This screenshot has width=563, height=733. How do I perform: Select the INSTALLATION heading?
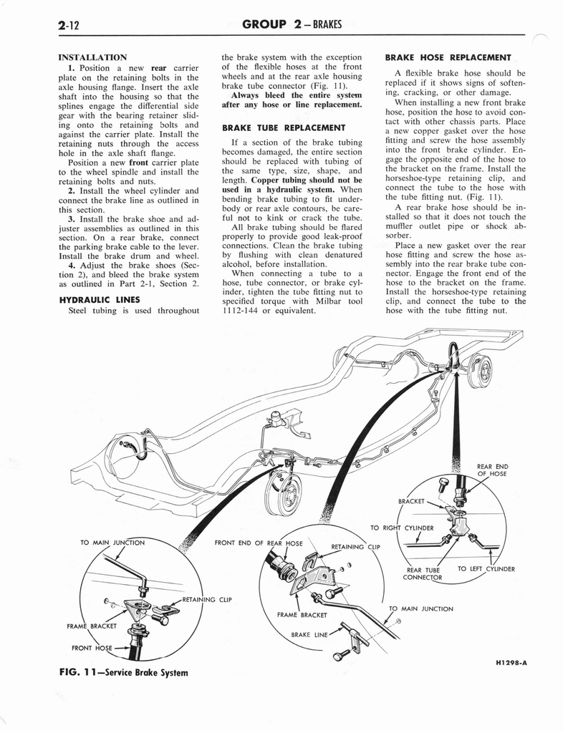pos(92,57)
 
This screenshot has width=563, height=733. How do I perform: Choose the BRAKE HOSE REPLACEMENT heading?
pos(448,57)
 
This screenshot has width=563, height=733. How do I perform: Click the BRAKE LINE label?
pos(310,634)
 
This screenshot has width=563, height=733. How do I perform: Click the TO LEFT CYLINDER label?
pos(486,569)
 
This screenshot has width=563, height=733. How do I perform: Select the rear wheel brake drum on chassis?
pos(481,371)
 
